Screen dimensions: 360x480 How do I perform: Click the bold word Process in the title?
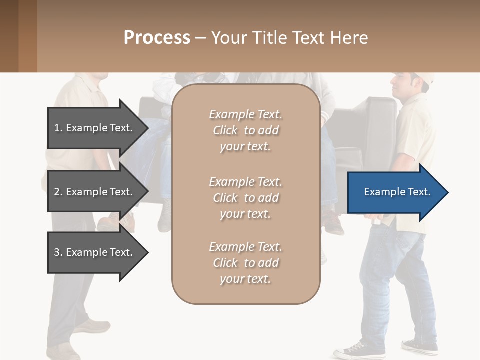coord(157,38)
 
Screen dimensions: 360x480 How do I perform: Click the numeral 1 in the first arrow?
coord(57,128)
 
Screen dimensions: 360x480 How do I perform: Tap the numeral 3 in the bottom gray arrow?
coord(57,252)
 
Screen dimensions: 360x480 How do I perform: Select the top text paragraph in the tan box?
coord(245,130)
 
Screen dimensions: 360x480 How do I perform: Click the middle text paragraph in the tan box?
coord(245,198)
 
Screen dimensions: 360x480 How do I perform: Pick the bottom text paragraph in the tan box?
coord(245,263)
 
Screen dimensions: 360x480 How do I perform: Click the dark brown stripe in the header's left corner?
coord(9,36)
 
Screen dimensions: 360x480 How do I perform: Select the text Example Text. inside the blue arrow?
coord(397,192)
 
